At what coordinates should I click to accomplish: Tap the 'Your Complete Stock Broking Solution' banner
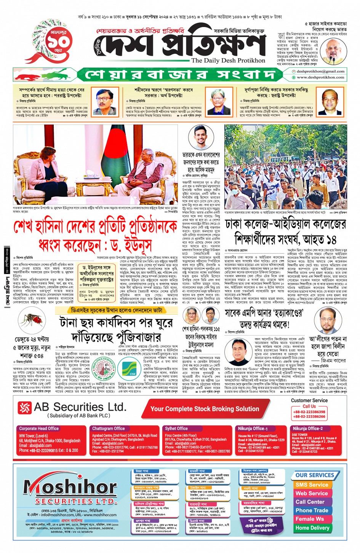[205, 409]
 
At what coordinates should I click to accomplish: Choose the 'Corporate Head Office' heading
[39, 428]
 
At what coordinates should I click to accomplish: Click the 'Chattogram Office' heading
[109, 428]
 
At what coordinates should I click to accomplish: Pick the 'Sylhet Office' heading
[176, 428]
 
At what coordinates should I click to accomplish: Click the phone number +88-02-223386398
[309, 412]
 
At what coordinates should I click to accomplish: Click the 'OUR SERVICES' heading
[315, 475]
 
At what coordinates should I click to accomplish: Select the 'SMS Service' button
[312, 485]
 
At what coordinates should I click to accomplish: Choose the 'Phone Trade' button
[312, 510]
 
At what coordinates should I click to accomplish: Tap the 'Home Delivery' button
[312, 528]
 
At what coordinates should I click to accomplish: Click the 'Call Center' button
[310, 502]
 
